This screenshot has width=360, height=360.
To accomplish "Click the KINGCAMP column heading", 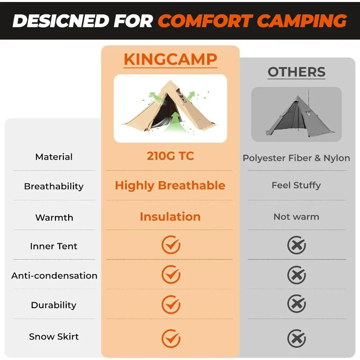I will coord(170,60).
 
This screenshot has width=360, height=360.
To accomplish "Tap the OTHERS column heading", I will coord(296,72).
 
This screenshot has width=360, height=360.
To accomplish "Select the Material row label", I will coord(54,157).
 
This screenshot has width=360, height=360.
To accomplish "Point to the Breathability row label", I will coord(54,186).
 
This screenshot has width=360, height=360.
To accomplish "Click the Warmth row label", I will coord(54,218).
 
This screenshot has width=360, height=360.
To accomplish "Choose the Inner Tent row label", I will coord(54,246).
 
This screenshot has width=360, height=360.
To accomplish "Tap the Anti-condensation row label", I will coord(54,276).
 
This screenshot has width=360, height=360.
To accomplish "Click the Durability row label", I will coord(54,305).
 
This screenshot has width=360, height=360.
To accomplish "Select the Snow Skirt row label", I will coord(54,337).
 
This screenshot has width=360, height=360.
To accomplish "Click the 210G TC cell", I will coord(170,156).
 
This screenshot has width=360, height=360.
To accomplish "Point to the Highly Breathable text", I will coord(170,186).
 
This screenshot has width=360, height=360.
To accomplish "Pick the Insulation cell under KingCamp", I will coord(170,217).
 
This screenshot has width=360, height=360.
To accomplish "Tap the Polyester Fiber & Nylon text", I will coord(296,158).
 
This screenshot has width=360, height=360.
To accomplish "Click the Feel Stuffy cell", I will coord(296,185).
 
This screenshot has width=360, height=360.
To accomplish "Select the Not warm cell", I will coord(296,217).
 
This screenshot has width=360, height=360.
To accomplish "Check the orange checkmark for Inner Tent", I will coord(171,245).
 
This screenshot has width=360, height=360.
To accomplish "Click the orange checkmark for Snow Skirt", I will coord(171,338).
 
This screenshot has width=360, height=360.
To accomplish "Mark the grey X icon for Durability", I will coord(296,304).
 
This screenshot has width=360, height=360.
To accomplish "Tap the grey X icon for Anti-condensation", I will coord(296,275).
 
